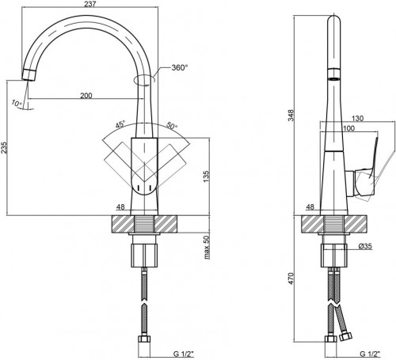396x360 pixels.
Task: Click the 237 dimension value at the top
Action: [x=90, y=4]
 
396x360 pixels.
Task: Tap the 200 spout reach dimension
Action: [x=86, y=96]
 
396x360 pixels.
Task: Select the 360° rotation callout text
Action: [x=180, y=68]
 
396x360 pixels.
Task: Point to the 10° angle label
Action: [x=17, y=103]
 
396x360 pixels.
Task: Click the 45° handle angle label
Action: [x=120, y=124]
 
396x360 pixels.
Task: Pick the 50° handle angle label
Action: [x=172, y=126]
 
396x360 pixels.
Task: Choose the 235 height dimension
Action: [x=4, y=148]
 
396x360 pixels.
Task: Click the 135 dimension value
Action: [x=206, y=176]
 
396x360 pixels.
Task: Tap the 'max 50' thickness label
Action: [x=206, y=247]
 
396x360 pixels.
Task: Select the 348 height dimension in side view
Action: [x=291, y=116]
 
